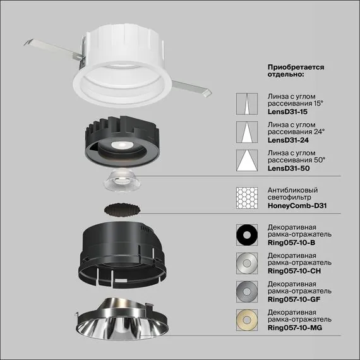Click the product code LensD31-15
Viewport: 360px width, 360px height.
(x=288, y=111)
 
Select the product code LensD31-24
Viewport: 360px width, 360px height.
(x=288, y=140)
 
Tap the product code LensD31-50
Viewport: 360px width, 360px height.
(x=288, y=169)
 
